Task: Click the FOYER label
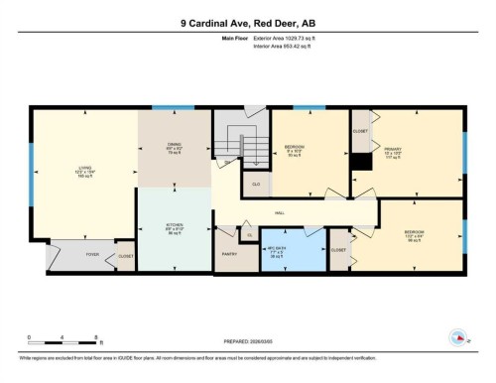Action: pyautogui.click(x=92, y=255)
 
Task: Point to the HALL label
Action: pyautogui.click(x=281, y=212)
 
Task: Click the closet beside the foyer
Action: pyautogui.click(x=126, y=255)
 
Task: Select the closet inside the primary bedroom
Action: pyautogui.click(x=360, y=130)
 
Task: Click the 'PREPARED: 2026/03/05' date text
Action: pyautogui.click(x=248, y=337)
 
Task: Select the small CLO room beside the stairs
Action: pyautogui.click(x=255, y=185)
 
